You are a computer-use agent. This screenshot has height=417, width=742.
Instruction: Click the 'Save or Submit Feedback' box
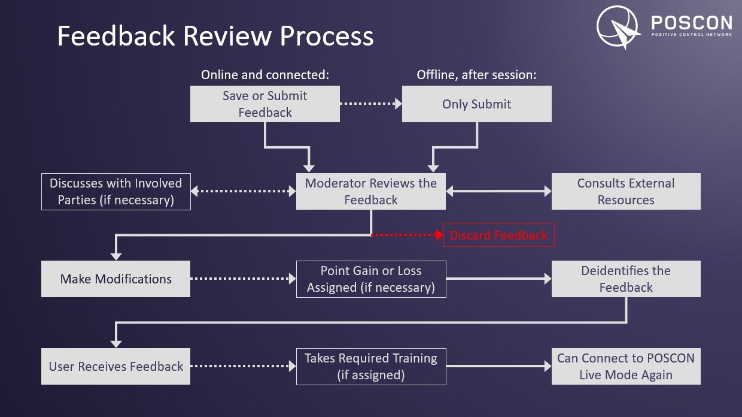[265, 104]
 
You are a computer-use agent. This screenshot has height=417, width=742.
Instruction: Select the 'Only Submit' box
[476, 104]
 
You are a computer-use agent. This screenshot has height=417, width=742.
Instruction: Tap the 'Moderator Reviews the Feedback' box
[371, 192]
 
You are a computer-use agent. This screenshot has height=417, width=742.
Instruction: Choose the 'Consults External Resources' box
[626, 192]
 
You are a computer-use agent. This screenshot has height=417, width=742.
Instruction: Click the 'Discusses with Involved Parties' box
[115, 192]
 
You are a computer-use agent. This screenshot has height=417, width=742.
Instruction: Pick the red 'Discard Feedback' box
[498, 235]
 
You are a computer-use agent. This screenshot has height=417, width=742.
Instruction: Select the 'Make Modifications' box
[115, 279]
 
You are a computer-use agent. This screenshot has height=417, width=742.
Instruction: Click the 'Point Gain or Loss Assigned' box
[371, 279]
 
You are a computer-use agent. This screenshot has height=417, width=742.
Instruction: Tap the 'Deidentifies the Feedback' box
[626, 279]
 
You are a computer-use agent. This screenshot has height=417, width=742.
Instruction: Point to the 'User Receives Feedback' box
[115, 367]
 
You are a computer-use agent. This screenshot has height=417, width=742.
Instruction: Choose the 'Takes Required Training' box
[371, 367]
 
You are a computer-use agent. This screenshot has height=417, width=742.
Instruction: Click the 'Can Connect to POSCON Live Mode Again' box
[626, 367]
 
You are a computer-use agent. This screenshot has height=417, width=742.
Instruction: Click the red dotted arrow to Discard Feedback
[407, 235]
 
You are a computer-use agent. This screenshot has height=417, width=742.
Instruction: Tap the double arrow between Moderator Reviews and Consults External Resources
[498, 192]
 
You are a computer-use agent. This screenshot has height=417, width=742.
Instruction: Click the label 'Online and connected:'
[265, 75]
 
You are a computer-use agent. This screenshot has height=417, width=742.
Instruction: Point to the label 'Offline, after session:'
[476, 75]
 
